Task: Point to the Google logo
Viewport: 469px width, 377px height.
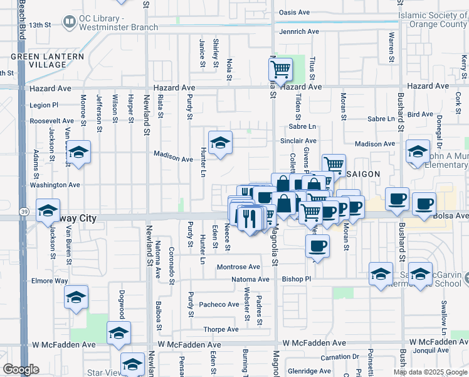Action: (x=21, y=369)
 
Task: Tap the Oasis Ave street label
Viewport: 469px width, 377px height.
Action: (x=295, y=13)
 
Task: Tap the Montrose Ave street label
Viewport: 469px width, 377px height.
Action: (x=238, y=267)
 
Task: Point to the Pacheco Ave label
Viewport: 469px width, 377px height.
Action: (x=219, y=305)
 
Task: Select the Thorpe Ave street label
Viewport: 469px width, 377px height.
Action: (x=220, y=329)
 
